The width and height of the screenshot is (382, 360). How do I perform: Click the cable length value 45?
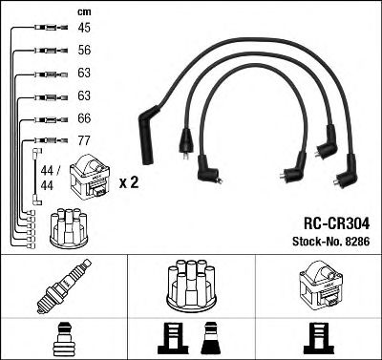coord(85,29)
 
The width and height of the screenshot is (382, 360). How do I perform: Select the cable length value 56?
coord(85,52)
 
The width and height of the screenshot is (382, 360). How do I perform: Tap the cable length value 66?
coord(85,118)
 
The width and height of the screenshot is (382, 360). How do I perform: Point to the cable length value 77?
coord(85,140)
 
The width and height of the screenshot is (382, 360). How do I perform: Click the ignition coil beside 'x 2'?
coord(96,179)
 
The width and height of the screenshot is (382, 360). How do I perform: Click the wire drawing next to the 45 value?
coord(45,30)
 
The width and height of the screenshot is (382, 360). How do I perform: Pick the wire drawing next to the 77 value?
coord(45,141)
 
